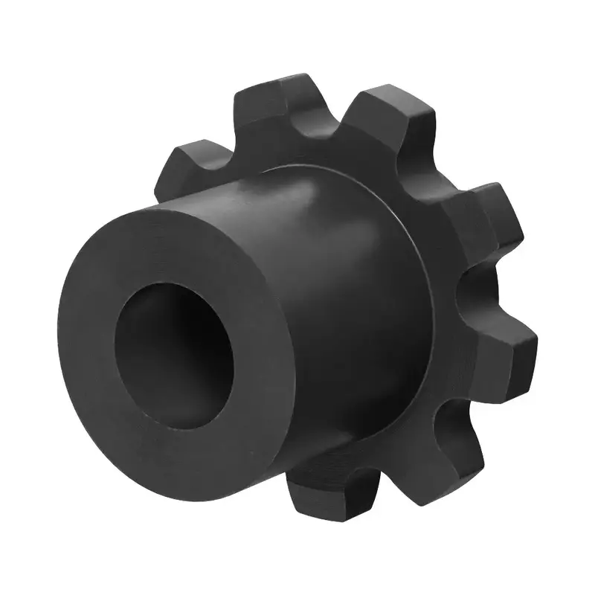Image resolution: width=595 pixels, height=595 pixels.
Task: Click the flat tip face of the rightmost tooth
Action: pos(525,350)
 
